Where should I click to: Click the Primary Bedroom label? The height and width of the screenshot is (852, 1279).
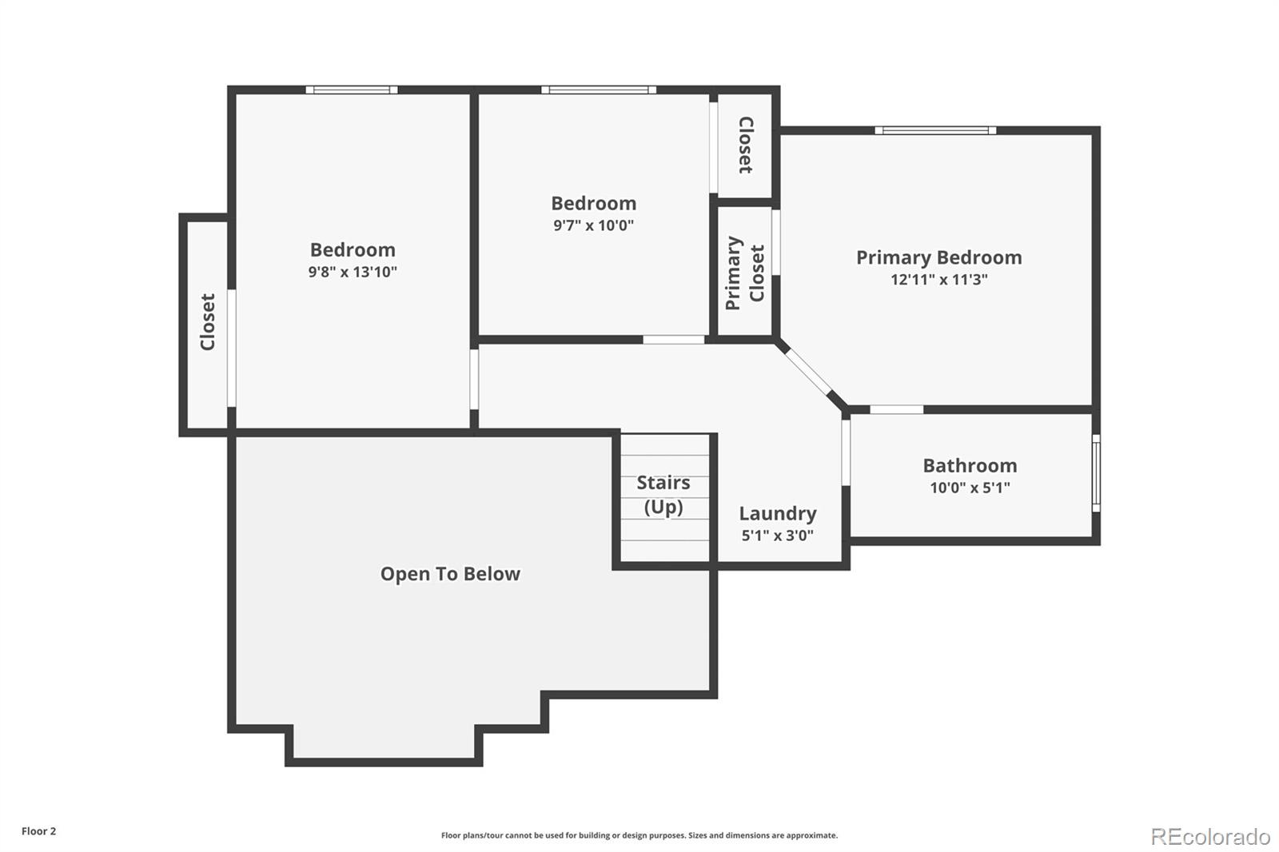(938, 258)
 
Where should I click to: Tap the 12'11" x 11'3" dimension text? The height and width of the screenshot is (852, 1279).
(938, 280)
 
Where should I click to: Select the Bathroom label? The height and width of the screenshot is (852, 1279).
(970, 466)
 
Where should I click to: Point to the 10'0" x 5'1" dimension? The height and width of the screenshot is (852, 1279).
(970, 488)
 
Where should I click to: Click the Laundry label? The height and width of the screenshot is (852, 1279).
(778, 514)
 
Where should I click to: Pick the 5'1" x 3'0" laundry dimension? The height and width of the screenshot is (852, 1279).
(778, 535)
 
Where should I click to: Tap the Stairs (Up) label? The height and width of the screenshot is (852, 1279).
(663, 495)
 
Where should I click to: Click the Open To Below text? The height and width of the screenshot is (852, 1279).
(450, 574)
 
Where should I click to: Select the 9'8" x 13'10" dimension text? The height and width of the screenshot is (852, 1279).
(353, 272)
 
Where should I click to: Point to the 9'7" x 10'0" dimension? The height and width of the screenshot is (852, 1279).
(593, 225)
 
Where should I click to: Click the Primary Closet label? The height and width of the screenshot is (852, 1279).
(744, 273)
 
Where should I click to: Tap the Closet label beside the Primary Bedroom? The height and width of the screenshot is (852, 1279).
(746, 145)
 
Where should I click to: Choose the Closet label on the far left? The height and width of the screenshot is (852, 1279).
(207, 322)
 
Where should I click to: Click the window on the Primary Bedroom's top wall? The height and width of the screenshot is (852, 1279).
(935, 131)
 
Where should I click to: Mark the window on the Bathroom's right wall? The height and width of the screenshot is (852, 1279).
(1096, 473)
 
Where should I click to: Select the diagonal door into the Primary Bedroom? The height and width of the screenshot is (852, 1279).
(808, 372)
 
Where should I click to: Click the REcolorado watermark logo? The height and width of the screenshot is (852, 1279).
(1210, 837)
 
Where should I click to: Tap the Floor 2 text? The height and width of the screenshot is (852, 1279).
(39, 831)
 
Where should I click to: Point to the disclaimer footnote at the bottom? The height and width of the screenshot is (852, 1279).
(639, 835)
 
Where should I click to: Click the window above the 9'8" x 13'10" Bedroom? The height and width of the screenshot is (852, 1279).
(352, 90)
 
